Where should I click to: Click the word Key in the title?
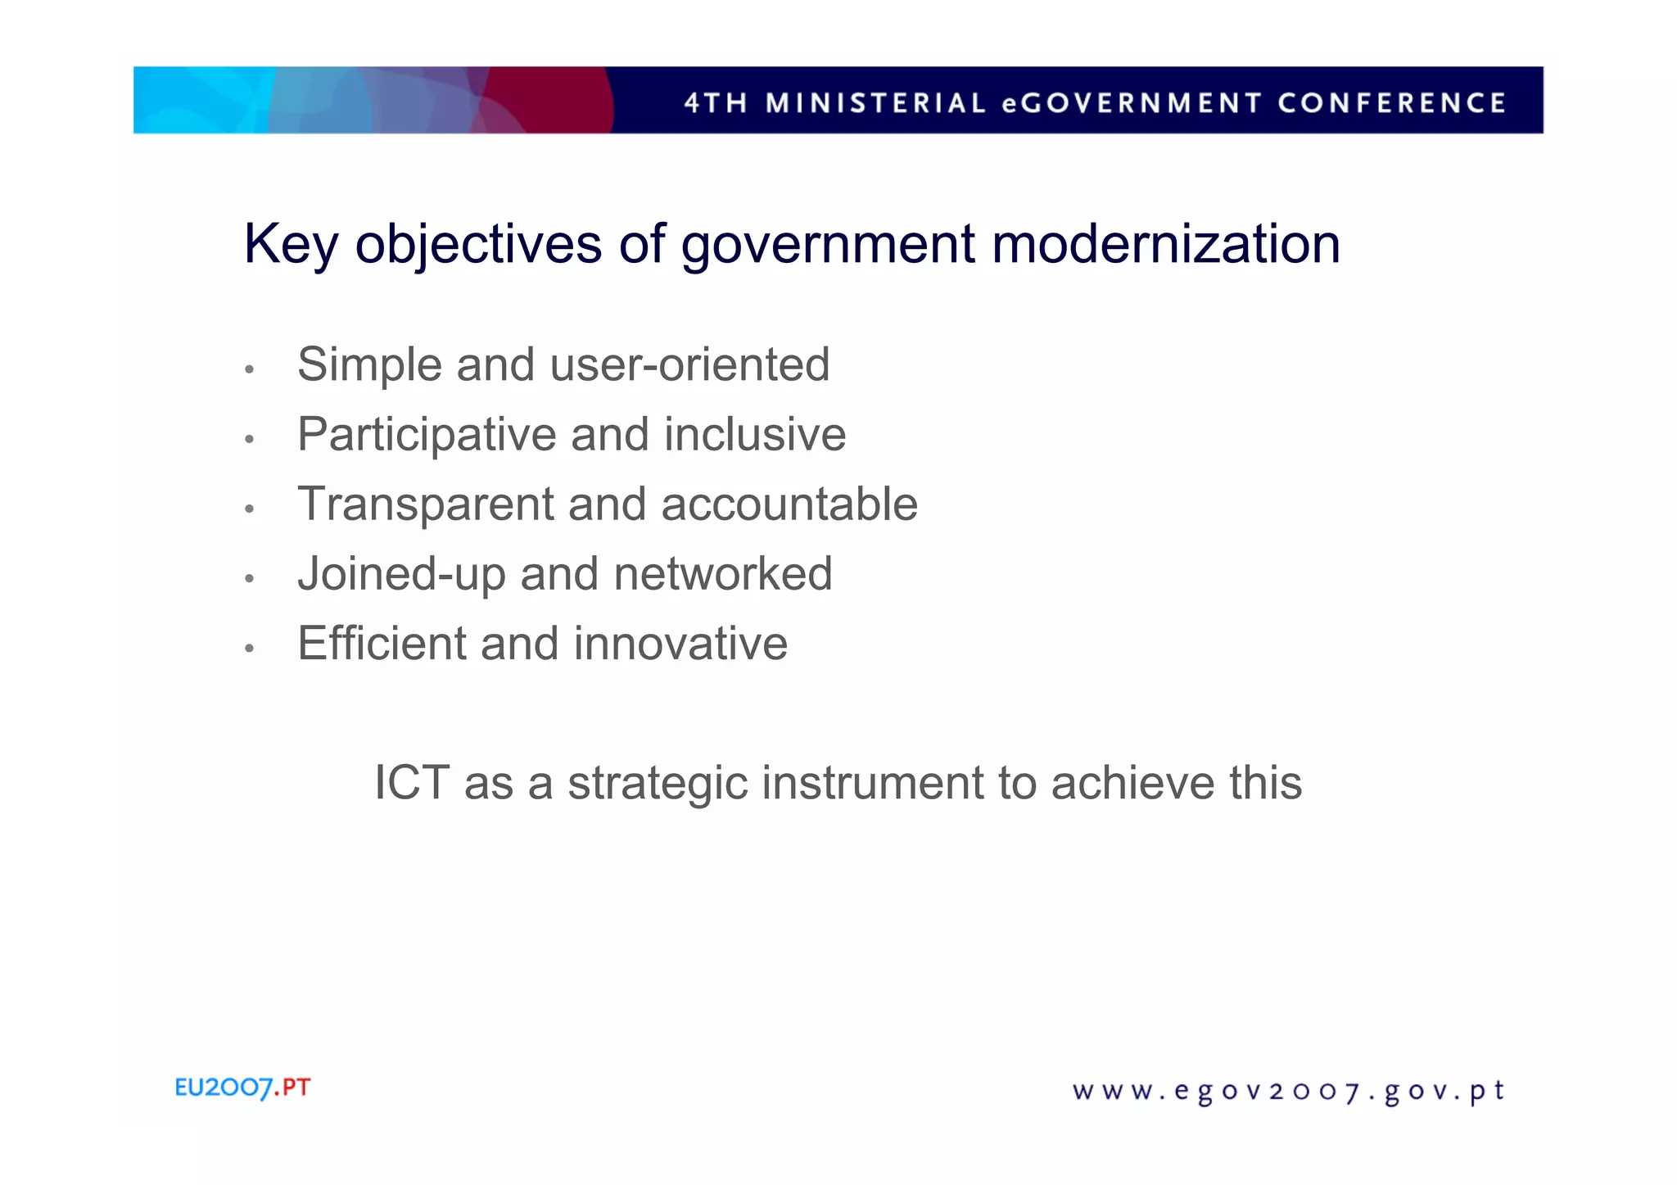pos(291,245)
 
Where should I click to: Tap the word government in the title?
pos(827,245)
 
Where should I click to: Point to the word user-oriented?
pos(689,364)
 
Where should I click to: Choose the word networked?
pos(723,573)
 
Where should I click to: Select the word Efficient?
pos(381,644)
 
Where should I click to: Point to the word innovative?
pos(680,644)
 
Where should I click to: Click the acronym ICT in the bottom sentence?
pos(412,783)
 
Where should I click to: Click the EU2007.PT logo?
pos(242,1088)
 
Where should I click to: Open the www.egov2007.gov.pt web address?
pos(1288,1092)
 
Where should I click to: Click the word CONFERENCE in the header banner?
pos(1391,103)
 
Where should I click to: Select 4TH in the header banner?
pos(716,103)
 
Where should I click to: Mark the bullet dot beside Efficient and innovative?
pos(250,649)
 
